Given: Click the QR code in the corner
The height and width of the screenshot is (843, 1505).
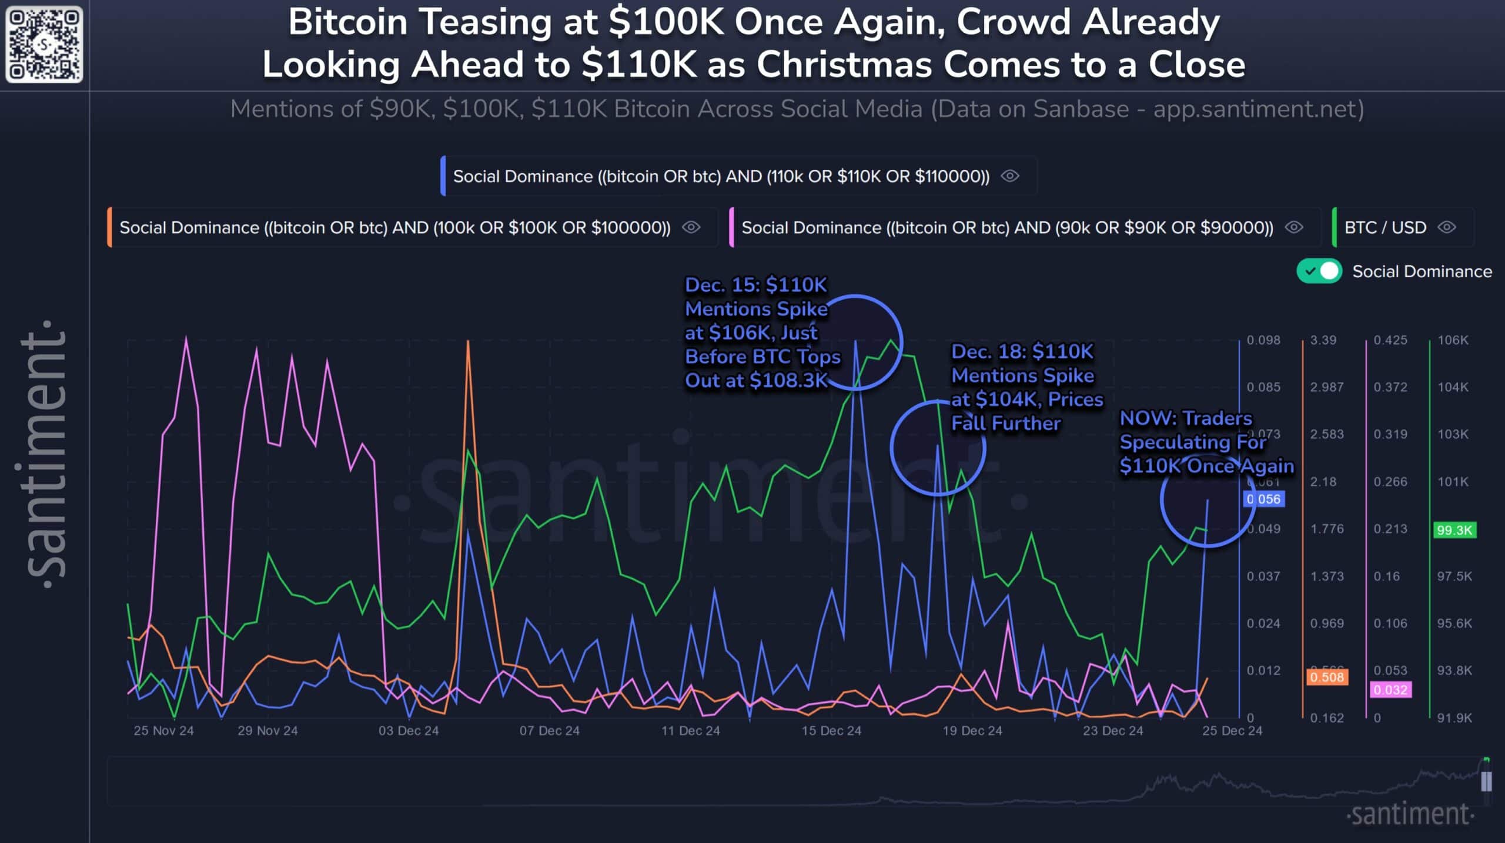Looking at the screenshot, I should [x=44, y=44].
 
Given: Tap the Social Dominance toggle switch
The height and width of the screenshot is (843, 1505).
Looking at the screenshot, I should [x=1319, y=271].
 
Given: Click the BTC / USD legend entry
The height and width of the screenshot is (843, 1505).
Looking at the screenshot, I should [x=1385, y=228].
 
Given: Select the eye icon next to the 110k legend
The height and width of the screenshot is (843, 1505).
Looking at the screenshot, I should [x=1010, y=176].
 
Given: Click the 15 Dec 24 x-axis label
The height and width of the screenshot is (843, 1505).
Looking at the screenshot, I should [x=831, y=731].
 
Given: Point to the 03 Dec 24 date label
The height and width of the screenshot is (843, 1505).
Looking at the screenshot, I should [x=409, y=731].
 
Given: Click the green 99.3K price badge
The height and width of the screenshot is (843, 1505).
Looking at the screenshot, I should [x=1454, y=530].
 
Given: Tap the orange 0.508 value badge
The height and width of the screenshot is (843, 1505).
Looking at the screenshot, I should [x=1326, y=677].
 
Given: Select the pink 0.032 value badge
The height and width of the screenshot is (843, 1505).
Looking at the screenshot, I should [x=1390, y=690].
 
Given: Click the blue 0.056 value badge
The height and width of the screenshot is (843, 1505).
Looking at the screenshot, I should [x=1263, y=499].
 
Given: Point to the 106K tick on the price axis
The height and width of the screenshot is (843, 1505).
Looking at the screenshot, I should [x=1453, y=340].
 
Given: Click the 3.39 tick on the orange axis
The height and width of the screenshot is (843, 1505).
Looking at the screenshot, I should [x=1323, y=340].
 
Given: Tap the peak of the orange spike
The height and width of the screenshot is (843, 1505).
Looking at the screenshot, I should [x=468, y=342].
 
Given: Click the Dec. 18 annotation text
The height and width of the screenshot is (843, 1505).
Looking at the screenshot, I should [x=1026, y=387].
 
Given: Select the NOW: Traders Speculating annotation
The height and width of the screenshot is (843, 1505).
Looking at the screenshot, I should [x=1205, y=442].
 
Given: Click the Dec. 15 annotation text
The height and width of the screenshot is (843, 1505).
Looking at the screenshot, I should [x=761, y=333].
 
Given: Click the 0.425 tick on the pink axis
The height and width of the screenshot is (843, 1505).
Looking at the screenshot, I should [x=1390, y=340].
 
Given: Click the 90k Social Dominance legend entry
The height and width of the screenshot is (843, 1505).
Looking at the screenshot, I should [x=1006, y=228].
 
